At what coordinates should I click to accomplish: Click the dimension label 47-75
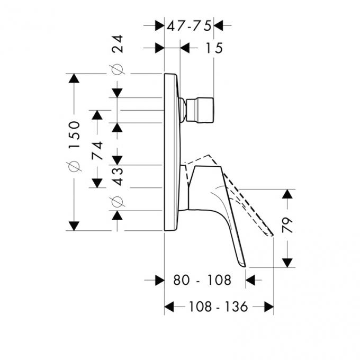[x=188, y=25]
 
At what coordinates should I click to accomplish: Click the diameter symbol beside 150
[x=75, y=166]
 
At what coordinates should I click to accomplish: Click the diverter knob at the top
[x=201, y=110]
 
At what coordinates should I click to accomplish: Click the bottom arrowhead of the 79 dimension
[x=287, y=262]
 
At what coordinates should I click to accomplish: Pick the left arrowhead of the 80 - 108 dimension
[x=159, y=280]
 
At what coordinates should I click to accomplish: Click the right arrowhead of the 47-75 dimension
[x=218, y=25]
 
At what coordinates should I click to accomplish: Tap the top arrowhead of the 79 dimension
[x=287, y=194]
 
